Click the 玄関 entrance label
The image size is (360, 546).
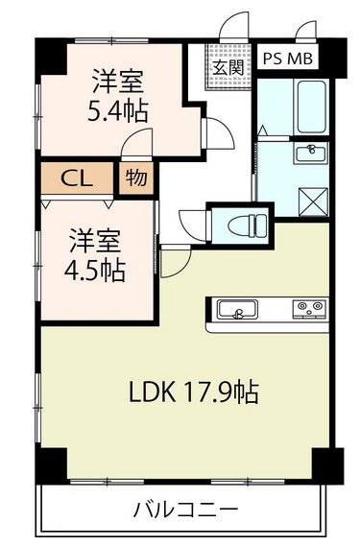[x=228, y=67]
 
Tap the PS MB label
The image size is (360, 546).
[x=287, y=59]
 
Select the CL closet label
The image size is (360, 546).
[x=77, y=178]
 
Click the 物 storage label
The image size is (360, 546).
[x=136, y=178]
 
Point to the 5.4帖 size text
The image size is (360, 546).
[x=118, y=111]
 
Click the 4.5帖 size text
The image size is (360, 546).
[x=95, y=271]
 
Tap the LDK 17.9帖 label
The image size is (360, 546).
[x=194, y=392]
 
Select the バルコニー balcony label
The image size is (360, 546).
[x=186, y=510]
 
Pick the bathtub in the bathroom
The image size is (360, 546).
[x=310, y=107]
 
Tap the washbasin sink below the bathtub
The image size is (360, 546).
[x=311, y=154]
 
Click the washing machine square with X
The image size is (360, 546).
[x=313, y=201]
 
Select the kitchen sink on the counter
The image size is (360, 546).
[x=238, y=310]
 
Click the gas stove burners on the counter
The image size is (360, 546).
[x=310, y=308]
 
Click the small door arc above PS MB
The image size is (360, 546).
[x=306, y=31]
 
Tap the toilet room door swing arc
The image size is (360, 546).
[x=193, y=226]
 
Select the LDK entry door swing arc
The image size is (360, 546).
[x=177, y=261]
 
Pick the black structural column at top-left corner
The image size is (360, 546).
[x=51, y=56]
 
